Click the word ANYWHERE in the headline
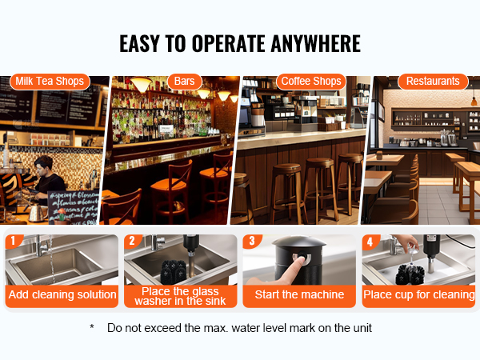(x=316, y=43)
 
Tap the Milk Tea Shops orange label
(x=50, y=82)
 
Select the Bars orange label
(x=184, y=82)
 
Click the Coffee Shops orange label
(x=311, y=82)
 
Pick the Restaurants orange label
(x=433, y=82)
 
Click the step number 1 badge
(x=13, y=241)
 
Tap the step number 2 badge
(x=132, y=241)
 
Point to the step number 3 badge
(x=252, y=241)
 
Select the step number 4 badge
(x=370, y=242)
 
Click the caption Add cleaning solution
(x=62, y=294)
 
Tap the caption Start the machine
(x=299, y=294)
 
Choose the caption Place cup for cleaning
(x=418, y=294)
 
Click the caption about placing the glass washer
(x=180, y=296)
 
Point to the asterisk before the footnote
(x=92, y=327)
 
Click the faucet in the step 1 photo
(x=43, y=245)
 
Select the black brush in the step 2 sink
(x=174, y=271)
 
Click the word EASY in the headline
(x=139, y=43)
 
